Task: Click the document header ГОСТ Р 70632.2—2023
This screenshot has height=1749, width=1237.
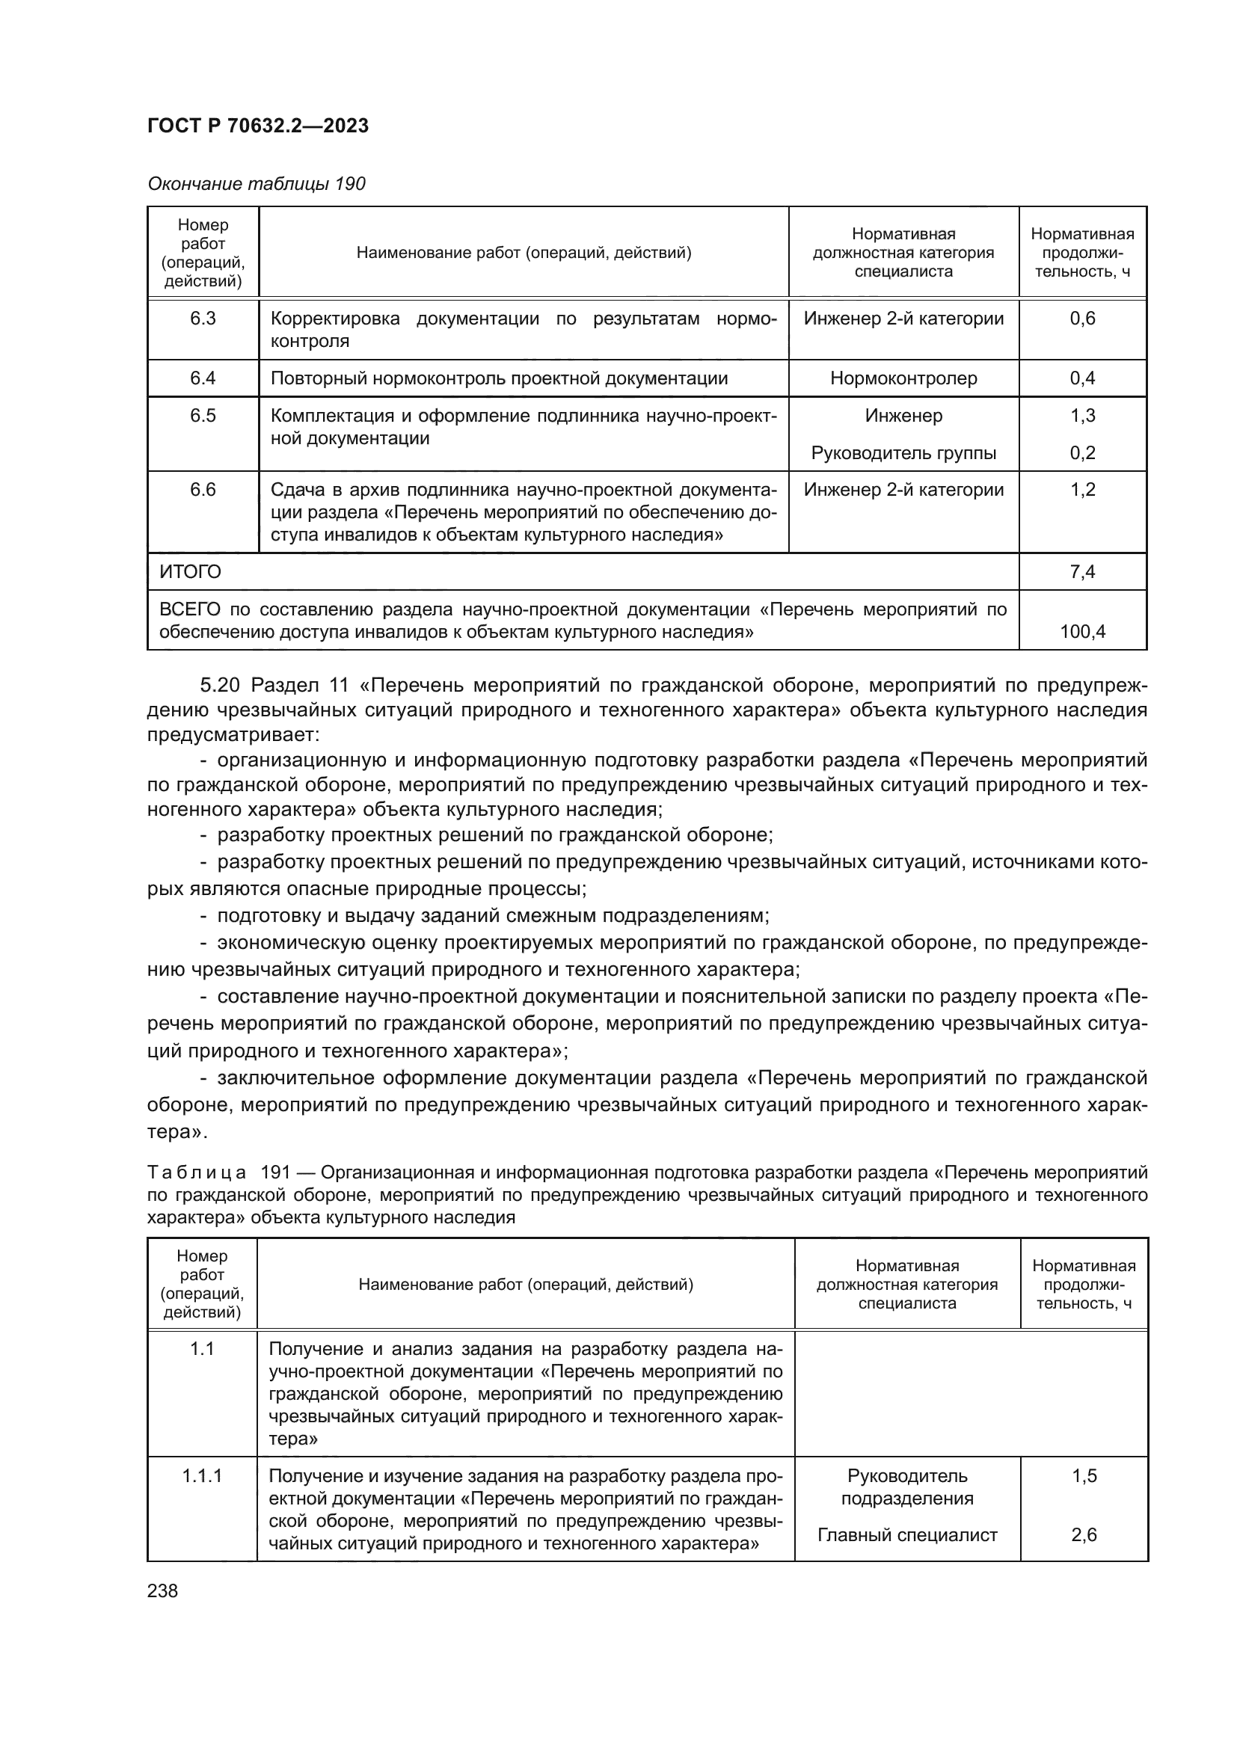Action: (257, 126)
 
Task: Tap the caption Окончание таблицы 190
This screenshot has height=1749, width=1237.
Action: (256, 184)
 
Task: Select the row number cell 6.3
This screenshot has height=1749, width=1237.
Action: (203, 319)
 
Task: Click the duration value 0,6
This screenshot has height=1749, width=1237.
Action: (1082, 319)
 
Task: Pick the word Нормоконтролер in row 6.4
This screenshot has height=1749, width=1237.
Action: (903, 378)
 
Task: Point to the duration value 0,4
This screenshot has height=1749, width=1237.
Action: (1082, 378)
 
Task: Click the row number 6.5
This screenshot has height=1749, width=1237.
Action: (203, 415)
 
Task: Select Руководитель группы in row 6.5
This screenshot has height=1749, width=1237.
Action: (903, 453)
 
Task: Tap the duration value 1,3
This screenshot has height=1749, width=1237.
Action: (1082, 415)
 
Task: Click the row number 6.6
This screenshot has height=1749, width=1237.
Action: (203, 490)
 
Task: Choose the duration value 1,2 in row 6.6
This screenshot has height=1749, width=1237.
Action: (1082, 490)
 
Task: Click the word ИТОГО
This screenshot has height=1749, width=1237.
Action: (191, 572)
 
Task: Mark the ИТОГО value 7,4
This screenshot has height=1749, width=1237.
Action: (1082, 572)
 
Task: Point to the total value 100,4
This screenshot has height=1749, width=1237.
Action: (1082, 632)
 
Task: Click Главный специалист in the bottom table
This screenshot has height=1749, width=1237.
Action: (907, 1535)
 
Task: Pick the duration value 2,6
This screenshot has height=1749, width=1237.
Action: (1084, 1535)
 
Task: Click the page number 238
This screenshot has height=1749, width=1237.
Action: (162, 1591)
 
